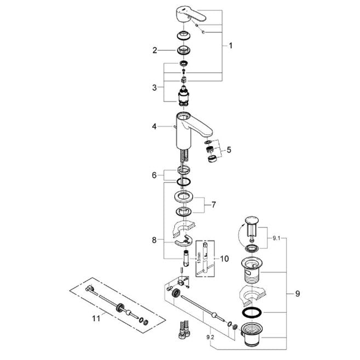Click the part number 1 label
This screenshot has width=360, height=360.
tap(230, 46)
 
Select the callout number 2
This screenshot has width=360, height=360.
tap(155, 50)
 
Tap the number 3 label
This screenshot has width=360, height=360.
tap(155, 87)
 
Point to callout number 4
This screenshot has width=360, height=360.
tap(155, 126)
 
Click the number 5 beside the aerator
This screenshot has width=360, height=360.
tap(229, 149)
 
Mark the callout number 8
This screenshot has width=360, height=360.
tap(155, 239)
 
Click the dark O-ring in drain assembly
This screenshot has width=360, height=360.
tap(253, 313)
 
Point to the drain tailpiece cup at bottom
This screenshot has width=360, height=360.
tap(253, 336)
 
